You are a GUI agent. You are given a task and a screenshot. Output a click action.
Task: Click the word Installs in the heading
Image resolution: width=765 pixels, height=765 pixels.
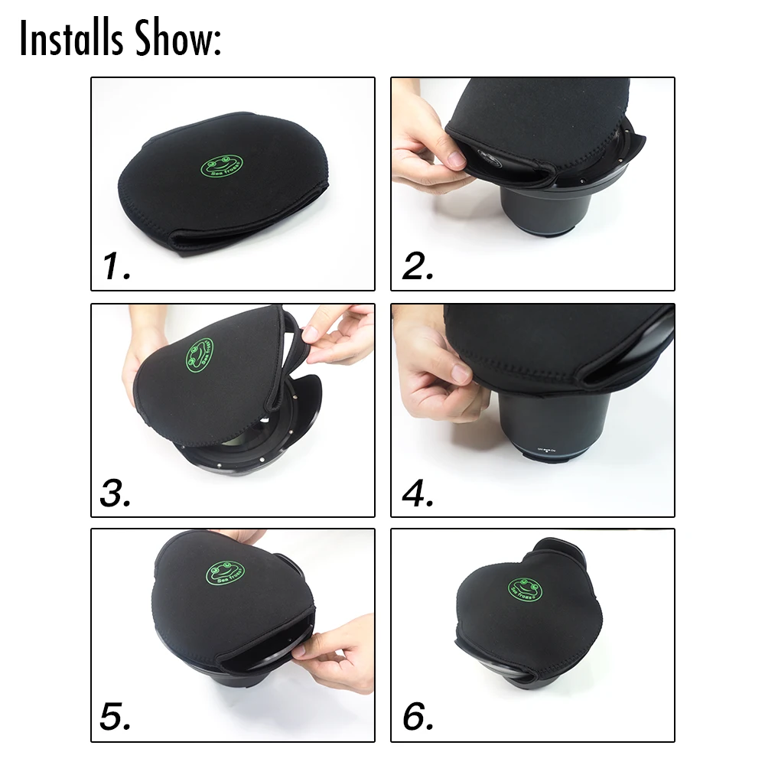point(66,38)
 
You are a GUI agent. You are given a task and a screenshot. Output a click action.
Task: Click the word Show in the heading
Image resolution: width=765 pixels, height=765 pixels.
point(174,38)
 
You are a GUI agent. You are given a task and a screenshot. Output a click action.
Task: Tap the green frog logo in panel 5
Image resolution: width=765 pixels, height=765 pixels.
point(225,573)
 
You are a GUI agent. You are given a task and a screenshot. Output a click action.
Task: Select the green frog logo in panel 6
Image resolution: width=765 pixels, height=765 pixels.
point(526,589)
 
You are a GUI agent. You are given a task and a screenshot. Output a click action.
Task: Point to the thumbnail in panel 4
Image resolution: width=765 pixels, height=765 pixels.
point(461,373)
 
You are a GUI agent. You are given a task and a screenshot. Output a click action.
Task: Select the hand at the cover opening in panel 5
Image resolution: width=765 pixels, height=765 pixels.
point(337,650)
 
